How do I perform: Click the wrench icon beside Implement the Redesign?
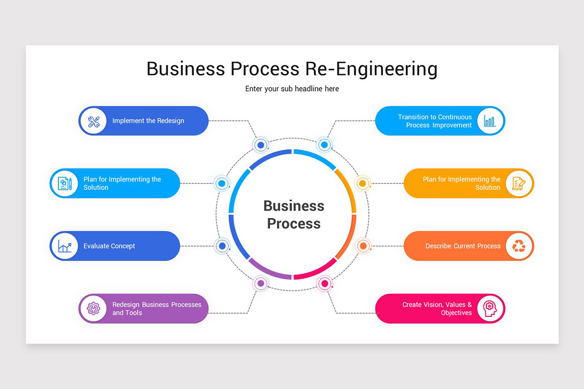click(x=93, y=121)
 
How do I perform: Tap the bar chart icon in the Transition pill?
click(x=490, y=121)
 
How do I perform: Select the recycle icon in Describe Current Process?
click(x=519, y=246)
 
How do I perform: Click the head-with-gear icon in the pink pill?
click(x=490, y=308)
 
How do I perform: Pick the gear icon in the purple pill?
click(x=93, y=308)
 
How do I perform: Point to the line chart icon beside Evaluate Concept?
click(x=65, y=246)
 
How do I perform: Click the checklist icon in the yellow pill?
click(x=519, y=183)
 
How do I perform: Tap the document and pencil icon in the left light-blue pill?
click(x=65, y=183)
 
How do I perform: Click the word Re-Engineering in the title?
click(x=371, y=69)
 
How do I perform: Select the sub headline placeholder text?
click(x=292, y=89)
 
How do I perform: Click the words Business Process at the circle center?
click(x=293, y=214)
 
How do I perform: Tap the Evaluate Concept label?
click(x=109, y=246)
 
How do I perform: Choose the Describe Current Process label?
click(x=463, y=246)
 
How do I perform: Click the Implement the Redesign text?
click(x=148, y=121)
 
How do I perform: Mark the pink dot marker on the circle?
click(x=324, y=283)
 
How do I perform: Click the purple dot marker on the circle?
click(x=261, y=283)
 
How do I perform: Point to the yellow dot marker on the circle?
click(x=362, y=184)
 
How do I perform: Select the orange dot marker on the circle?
click(x=363, y=246)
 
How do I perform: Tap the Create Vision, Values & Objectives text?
click(x=437, y=309)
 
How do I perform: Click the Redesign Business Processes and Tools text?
click(x=156, y=309)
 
